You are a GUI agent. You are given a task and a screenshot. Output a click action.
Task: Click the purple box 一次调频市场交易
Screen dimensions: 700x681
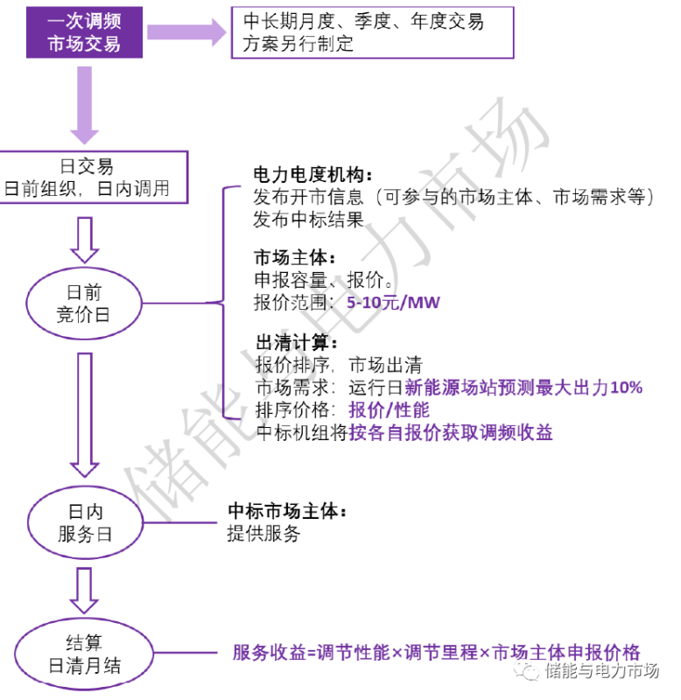[83, 31]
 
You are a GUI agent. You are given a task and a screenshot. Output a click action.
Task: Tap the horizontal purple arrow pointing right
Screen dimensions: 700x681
[186, 32]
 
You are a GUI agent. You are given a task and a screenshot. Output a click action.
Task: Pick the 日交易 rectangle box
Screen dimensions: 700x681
[95, 176]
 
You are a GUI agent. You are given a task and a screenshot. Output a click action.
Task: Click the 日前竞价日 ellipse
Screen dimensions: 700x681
[83, 304]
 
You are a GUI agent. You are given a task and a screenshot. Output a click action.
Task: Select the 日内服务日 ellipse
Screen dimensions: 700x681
[85, 522]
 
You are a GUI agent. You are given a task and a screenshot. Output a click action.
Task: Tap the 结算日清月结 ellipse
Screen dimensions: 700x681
[85, 654]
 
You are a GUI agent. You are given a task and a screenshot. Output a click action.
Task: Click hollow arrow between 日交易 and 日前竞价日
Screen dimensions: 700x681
[85, 240]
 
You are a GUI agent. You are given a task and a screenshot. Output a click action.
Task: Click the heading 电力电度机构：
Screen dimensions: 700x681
[312, 173]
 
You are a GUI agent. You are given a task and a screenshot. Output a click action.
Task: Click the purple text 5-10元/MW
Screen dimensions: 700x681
[393, 304]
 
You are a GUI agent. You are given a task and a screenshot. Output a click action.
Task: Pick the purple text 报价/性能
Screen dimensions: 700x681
[389, 409]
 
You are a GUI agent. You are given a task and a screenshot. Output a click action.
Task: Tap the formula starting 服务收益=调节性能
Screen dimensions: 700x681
[436, 652]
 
